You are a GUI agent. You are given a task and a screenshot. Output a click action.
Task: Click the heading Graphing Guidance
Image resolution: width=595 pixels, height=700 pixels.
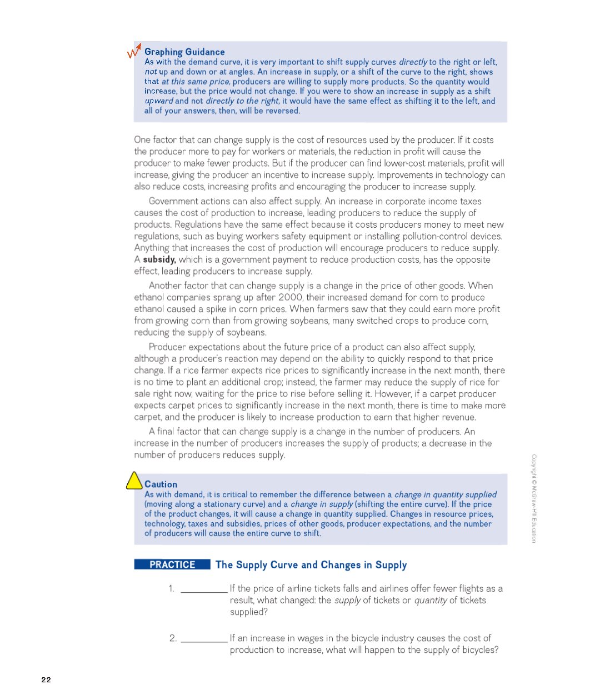click(184, 52)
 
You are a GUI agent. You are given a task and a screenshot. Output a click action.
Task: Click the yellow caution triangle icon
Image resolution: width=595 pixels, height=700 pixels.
click(134, 481)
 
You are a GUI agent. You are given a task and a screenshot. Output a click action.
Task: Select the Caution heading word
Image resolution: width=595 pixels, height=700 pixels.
click(161, 484)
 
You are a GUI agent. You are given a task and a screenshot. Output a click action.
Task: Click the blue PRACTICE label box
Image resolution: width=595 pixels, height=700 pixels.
click(172, 564)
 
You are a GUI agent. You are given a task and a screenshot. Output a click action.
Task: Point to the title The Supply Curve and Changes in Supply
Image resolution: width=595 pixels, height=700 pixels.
click(311, 565)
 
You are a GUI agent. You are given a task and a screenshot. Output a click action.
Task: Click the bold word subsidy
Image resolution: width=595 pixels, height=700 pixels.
click(159, 259)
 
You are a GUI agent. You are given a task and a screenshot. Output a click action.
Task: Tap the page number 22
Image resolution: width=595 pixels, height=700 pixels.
click(46, 679)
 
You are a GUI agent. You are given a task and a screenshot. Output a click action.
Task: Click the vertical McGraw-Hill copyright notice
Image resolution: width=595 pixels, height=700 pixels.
click(534, 498)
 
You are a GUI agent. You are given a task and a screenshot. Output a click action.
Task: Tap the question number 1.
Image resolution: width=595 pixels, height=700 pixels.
click(172, 588)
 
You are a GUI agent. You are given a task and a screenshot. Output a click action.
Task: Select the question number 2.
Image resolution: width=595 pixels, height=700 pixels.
click(173, 638)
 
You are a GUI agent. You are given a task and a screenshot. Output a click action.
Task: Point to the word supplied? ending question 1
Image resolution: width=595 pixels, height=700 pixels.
click(249, 612)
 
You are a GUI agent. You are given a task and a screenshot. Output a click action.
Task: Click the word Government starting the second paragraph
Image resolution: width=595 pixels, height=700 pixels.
click(173, 201)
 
